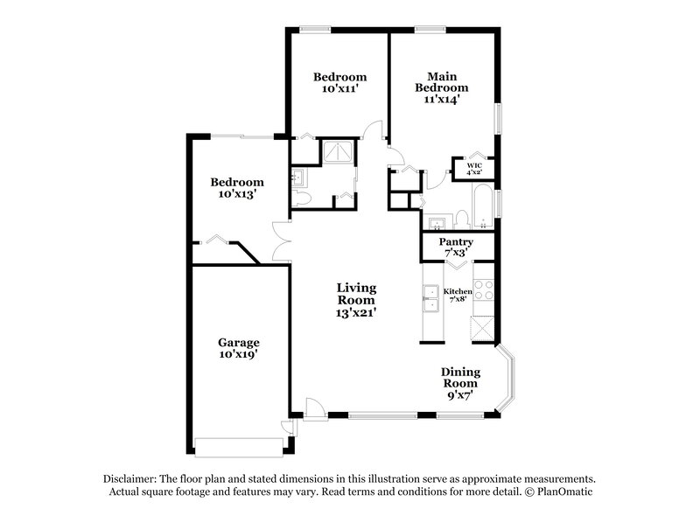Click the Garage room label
pos(239,342)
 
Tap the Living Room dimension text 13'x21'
pos(357,312)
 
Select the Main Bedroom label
pos(441,81)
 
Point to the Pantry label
pos(456,241)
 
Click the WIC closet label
pos(474,164)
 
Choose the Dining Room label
pos(459,377)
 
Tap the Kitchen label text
pos(458,291)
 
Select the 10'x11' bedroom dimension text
pos(339,89)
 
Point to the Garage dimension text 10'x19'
pos(239,354)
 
